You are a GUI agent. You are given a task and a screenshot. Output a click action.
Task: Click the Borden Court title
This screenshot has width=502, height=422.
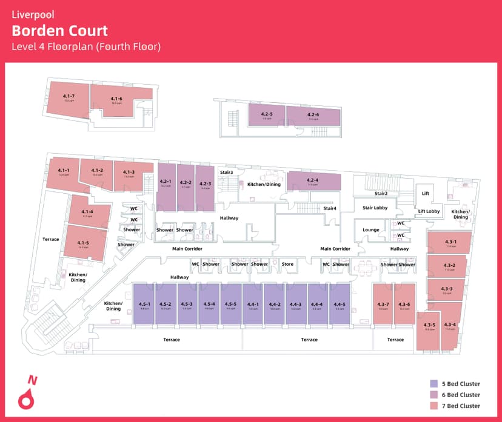coord(60,31)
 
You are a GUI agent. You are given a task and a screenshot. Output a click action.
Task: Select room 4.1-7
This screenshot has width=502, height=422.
coord(69,98)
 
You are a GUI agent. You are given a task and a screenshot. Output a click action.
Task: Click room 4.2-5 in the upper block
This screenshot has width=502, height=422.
coord(267,115)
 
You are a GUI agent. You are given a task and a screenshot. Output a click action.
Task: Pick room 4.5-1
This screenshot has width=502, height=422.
coord(144,305)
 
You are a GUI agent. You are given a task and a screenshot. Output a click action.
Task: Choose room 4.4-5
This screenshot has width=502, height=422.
coord(340,305)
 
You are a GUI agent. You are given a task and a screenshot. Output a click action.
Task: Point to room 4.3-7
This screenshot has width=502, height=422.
coord(383,305)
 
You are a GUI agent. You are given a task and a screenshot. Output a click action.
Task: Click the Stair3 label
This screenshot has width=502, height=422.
coord(227,173)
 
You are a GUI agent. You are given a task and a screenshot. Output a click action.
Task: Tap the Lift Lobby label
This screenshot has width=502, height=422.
coord(429,211)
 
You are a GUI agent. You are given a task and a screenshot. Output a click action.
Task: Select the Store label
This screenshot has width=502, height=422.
coord(287,264)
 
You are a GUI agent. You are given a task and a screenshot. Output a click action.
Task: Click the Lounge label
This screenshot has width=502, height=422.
coord(371,230)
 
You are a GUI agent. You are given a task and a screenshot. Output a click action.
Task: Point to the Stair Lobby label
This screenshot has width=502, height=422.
coord(375,208)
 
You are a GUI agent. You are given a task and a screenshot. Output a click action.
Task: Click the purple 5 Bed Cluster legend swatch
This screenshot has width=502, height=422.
coord(433,383)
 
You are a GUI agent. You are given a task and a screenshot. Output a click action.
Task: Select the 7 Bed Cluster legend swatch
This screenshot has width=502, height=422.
coord(433,406)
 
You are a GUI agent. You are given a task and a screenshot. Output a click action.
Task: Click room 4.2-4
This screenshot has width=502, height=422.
coord(312,181)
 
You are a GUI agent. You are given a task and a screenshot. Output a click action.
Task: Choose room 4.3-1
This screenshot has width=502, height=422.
coord(450,243)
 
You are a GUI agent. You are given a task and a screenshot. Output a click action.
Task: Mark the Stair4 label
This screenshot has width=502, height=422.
coord(330,208)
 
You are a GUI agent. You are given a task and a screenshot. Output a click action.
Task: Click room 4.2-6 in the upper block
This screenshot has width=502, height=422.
coord(313,115)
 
